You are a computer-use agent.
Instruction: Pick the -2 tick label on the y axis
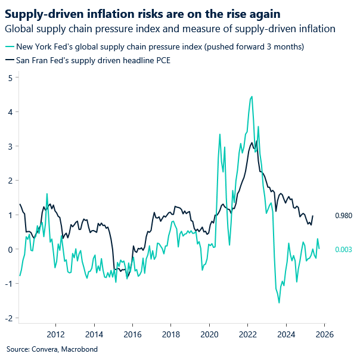[x=8, y=318]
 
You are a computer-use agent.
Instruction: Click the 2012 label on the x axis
[x=55, y=334]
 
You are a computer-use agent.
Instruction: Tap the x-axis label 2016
[x=132, y=334]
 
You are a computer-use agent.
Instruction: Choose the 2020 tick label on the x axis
[x=209, y=334]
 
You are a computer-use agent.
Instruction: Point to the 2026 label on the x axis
[x=324, y=334]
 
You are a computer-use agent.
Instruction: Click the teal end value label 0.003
[x=343, y=249]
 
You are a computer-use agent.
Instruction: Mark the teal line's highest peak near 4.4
[x=252, y=97]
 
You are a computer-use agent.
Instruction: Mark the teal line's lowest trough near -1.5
[x=279, y=303]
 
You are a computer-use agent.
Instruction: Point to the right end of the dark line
[x=313, y=216]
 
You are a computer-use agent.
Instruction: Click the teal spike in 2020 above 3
[x=219, y=134]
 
